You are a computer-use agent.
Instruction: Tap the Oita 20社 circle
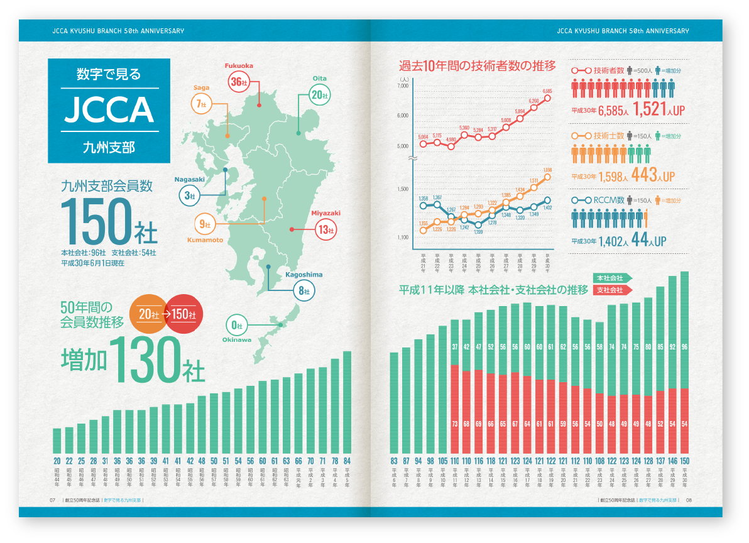point(320,95)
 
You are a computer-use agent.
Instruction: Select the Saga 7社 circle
point(202,104)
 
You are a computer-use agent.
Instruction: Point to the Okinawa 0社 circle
point(237,325)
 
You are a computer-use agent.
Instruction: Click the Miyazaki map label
point(325,213)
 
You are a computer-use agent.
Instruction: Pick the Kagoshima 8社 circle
point(304,290)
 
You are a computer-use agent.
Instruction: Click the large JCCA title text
point(109,110)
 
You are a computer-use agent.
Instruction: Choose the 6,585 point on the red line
point(547,97)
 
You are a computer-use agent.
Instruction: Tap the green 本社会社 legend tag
point(611,278)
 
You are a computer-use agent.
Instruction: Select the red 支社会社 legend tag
point(611,290)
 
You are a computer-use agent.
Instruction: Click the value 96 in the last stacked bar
point(684,346)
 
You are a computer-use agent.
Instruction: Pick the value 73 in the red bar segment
point(455,425)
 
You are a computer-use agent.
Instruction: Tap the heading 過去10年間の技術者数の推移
point(478,65)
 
